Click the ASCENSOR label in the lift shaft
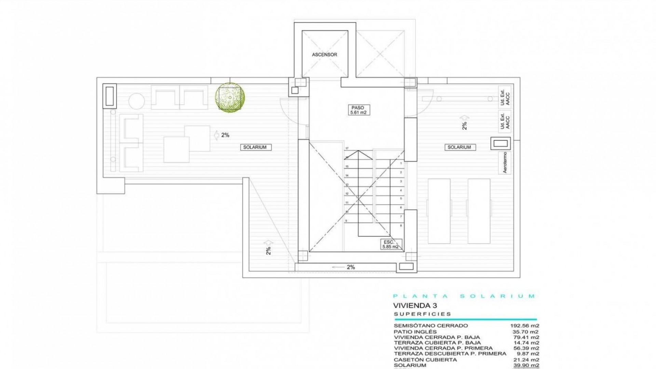[x=324, y=55]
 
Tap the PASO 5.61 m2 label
[x=358, y=110]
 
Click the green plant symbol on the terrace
[x=230, y=97]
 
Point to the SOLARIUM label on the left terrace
[x=255, y=147]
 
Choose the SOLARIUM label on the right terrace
[x=459, y=147]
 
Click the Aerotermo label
[x=505, y=162]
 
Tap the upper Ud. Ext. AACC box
[x=505, y=97]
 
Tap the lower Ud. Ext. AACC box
[x=505, y=121]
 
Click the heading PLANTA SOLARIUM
[x=464, y=296]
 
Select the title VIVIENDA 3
[x=415, y=306]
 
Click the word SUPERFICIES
[x=422, y=314]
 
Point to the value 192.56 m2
[x=524, y=326]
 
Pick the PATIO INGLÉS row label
[x=415, y=332]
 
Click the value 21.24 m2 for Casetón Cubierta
[x=526, y=360]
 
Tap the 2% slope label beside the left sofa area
[x=225, y=135]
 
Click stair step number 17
[x=347, y=148]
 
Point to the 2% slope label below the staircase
[x=351, y=267]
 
